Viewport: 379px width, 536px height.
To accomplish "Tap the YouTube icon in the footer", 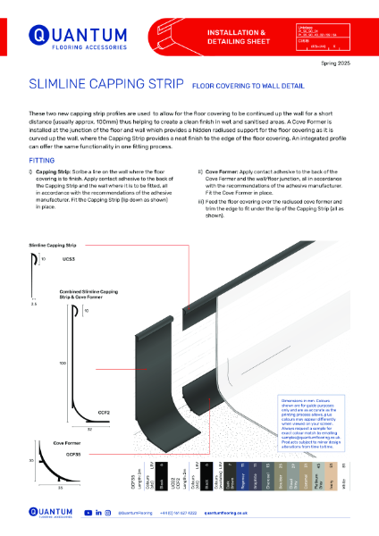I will [88, 514].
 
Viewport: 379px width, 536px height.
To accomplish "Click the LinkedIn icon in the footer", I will [98, 514].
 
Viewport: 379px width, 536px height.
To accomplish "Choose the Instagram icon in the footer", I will [108, 514].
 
